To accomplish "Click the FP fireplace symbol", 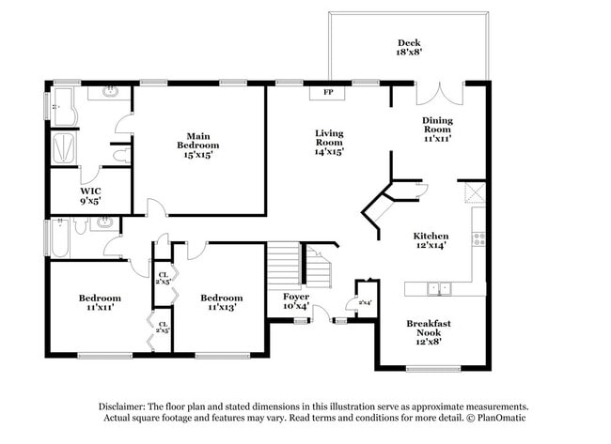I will [328, 92].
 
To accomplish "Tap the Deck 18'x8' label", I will [408, 48].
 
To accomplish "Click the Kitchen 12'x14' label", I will [431, 240].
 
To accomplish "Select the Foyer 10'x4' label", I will [296, 301].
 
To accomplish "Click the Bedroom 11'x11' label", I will [100, 302].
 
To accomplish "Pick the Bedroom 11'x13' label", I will [221, 302].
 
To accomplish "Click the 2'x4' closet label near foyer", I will [365, 302].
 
